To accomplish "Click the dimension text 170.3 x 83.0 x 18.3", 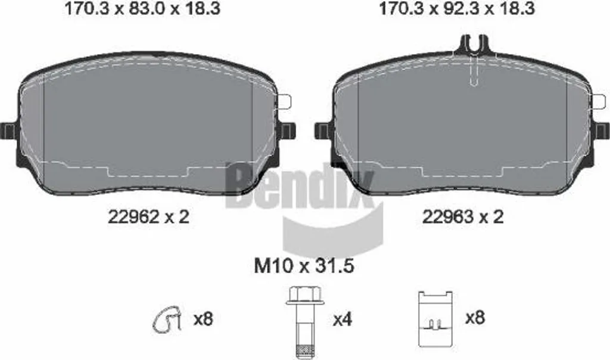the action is (x=142, y=8).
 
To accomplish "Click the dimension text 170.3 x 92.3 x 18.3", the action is (x=457, y=8).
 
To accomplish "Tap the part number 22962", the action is (x=133, y=216).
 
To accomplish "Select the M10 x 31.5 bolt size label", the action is (x=304, y=266).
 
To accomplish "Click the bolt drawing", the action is (x=303, y=322).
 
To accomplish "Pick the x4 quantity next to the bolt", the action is (x=343, y=319).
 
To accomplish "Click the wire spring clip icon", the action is (x=167, y=320).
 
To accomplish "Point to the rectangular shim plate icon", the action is (x=435, y=319).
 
